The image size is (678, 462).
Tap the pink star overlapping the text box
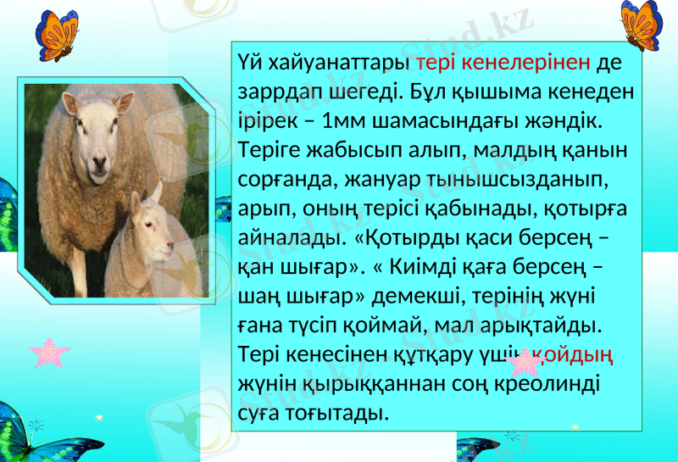(x=522, y=362)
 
